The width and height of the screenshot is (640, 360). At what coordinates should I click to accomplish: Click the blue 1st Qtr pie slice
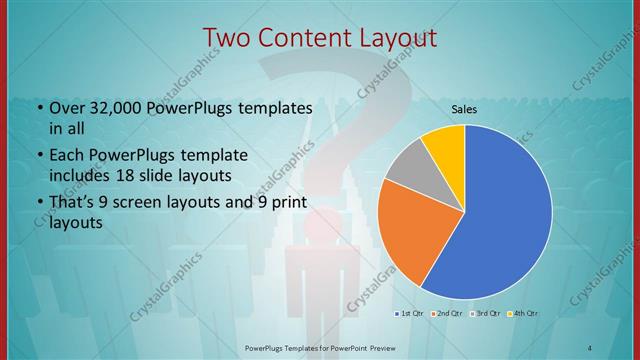pyautogui.click(x=505, y=215)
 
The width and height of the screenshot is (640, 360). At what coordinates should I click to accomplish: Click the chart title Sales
pyautogui.click(x=464, y=108)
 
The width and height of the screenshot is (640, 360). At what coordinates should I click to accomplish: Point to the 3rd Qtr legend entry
pyautogui.click(x=486, y=314)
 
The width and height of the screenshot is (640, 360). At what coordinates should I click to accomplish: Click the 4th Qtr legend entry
pyautogui.click(x=525, y=314)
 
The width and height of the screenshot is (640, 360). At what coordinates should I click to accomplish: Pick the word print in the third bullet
pyautogui.click(x=286, y=203)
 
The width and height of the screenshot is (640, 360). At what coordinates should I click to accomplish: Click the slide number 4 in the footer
pyautogui.click(x=590, y=347)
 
